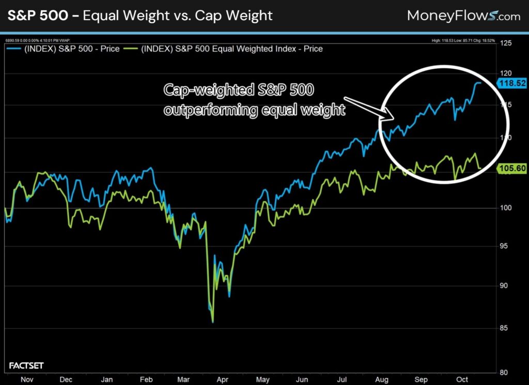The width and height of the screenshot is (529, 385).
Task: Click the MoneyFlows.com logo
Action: [x=463, y=16]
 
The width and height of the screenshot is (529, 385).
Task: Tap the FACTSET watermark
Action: [x=26, y=366]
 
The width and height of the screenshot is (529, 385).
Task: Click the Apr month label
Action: [x=223, y=379]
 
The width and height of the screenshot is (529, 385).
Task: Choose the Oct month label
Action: [x=461, y=379]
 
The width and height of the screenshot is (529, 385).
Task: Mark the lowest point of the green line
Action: [x=212, y=322]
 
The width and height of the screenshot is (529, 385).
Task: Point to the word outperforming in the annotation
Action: [x=210, y=110]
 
